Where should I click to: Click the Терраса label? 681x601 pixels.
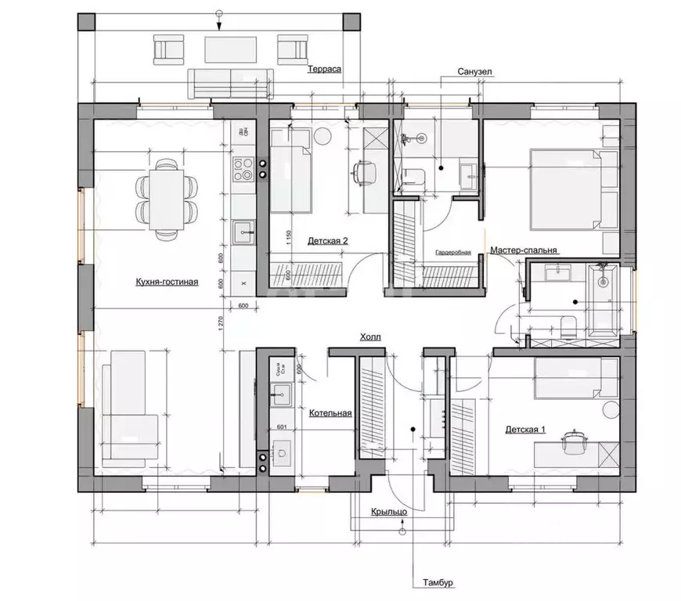[323, 69]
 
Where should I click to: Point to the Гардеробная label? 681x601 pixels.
[453, 253]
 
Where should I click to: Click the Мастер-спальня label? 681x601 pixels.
[524, 250]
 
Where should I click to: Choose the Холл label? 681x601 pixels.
[370, 337]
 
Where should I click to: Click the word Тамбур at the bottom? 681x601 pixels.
[435, 584]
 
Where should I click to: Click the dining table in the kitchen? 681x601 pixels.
[165, 198]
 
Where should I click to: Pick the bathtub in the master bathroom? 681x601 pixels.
[602, 300]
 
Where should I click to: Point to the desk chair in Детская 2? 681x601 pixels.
[362, 173]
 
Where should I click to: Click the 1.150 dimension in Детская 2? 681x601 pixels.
[289, 238]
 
